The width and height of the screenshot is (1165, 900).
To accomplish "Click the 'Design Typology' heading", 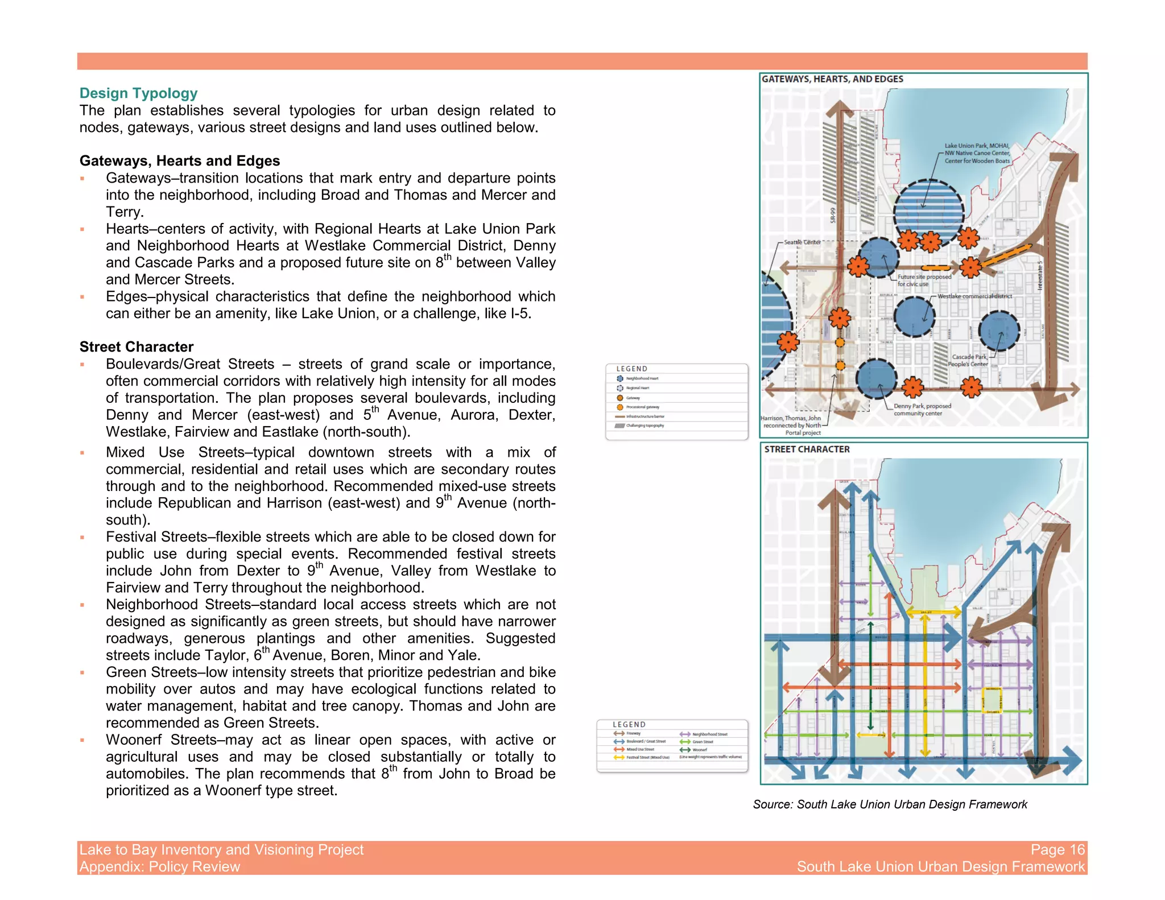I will coord(138,93).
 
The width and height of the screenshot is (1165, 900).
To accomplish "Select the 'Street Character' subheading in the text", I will coord(137,347).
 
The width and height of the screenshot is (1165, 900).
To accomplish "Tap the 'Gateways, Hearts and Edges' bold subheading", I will coord(180,161).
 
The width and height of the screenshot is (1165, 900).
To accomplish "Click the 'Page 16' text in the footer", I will coord(1057,850).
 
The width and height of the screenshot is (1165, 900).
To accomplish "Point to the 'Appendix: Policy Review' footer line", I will coord(160,867).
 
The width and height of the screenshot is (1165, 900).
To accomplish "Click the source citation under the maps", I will coord(890,804).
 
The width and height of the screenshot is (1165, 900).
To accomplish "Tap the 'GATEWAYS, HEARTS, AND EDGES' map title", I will coord(832,80).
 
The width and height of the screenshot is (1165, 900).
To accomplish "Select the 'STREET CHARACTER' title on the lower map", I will coord(807,449).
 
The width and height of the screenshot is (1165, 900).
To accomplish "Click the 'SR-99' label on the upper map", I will coord(833,215).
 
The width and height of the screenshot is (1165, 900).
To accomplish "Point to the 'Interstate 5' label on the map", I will coord(1040,275).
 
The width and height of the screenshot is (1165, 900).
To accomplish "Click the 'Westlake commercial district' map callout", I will coord(974,296).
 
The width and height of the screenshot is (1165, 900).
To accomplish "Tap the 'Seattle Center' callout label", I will coord(802,242).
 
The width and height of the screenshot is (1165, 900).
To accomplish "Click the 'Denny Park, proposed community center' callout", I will coord(922,410).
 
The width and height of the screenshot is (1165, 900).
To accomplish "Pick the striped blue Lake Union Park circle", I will coord(928,212).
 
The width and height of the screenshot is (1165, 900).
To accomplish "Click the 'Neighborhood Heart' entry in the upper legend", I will coord(642,378).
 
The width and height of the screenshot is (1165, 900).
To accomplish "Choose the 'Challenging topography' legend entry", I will coord(645,426).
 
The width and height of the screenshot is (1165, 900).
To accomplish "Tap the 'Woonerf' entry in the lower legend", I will coord(699,750).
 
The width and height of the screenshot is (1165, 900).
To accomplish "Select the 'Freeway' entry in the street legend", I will coord(633,734).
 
